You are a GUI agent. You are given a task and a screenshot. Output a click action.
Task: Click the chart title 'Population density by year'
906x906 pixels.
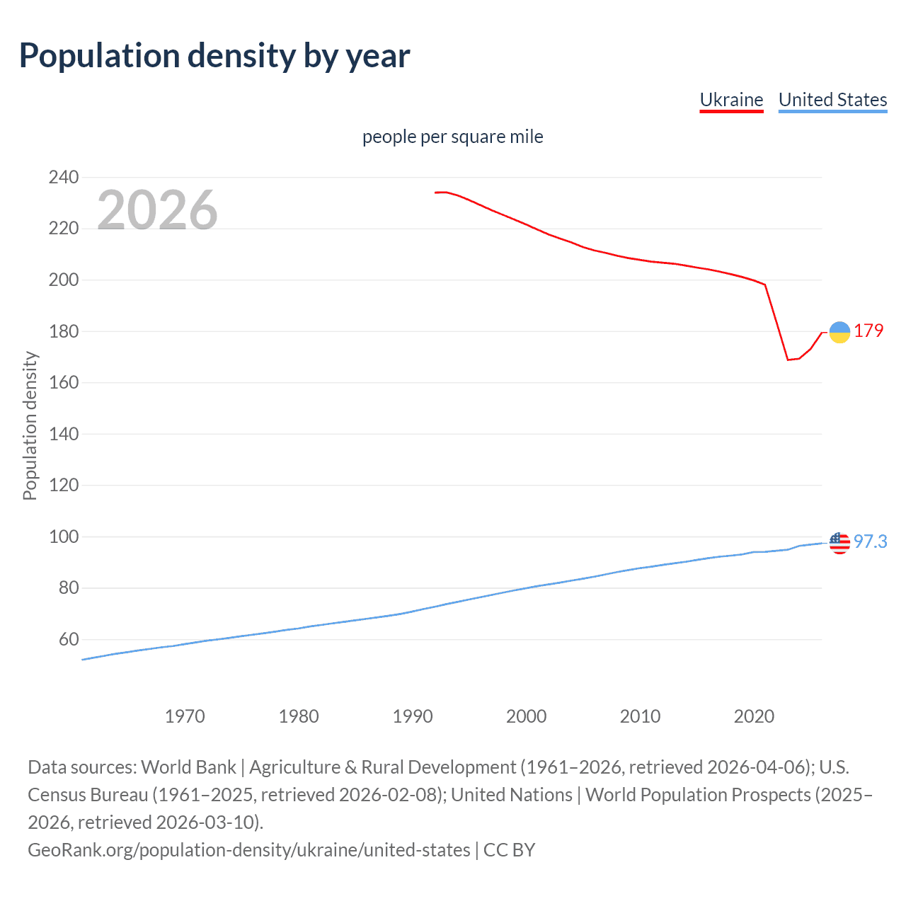[214, 56]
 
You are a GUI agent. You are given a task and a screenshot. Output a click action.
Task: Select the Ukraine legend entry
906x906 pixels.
[731, 100]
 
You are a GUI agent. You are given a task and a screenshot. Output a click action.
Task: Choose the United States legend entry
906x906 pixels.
[832, 100]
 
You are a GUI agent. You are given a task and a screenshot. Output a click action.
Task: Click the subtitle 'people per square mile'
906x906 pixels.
[452, 137]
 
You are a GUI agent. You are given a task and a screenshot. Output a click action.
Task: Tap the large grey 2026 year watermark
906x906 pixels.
[157, 210]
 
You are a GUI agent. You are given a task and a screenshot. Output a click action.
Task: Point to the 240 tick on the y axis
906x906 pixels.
[63, 177]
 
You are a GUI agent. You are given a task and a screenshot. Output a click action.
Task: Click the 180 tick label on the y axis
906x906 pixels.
[63, 331]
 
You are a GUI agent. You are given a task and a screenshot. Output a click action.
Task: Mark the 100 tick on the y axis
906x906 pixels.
[63, 537]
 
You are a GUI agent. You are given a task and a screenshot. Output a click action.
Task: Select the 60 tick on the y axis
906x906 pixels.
[69, 639]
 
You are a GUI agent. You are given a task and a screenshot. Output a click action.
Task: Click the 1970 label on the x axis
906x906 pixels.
[185, 716]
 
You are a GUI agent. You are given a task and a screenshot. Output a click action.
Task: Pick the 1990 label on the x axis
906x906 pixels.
[413, 716]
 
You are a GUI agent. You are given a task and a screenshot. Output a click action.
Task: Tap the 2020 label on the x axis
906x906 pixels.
[754, 716]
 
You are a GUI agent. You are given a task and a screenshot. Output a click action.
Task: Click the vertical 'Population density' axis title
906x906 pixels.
[30, 426]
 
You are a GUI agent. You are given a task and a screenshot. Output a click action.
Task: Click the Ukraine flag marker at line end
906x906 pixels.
[839, 332]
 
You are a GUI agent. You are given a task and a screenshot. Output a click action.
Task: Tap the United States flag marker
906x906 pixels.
[839, 543]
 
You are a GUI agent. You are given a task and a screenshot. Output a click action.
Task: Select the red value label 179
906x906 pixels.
[868, 331]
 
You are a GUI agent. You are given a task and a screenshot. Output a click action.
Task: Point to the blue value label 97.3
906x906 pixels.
[870, 541]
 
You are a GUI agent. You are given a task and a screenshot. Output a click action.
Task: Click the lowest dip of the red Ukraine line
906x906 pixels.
[788, 360]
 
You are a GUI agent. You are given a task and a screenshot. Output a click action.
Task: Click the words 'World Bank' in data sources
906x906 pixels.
[188, 767]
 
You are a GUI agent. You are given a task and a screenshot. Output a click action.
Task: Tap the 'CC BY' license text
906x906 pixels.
[509, 850]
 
